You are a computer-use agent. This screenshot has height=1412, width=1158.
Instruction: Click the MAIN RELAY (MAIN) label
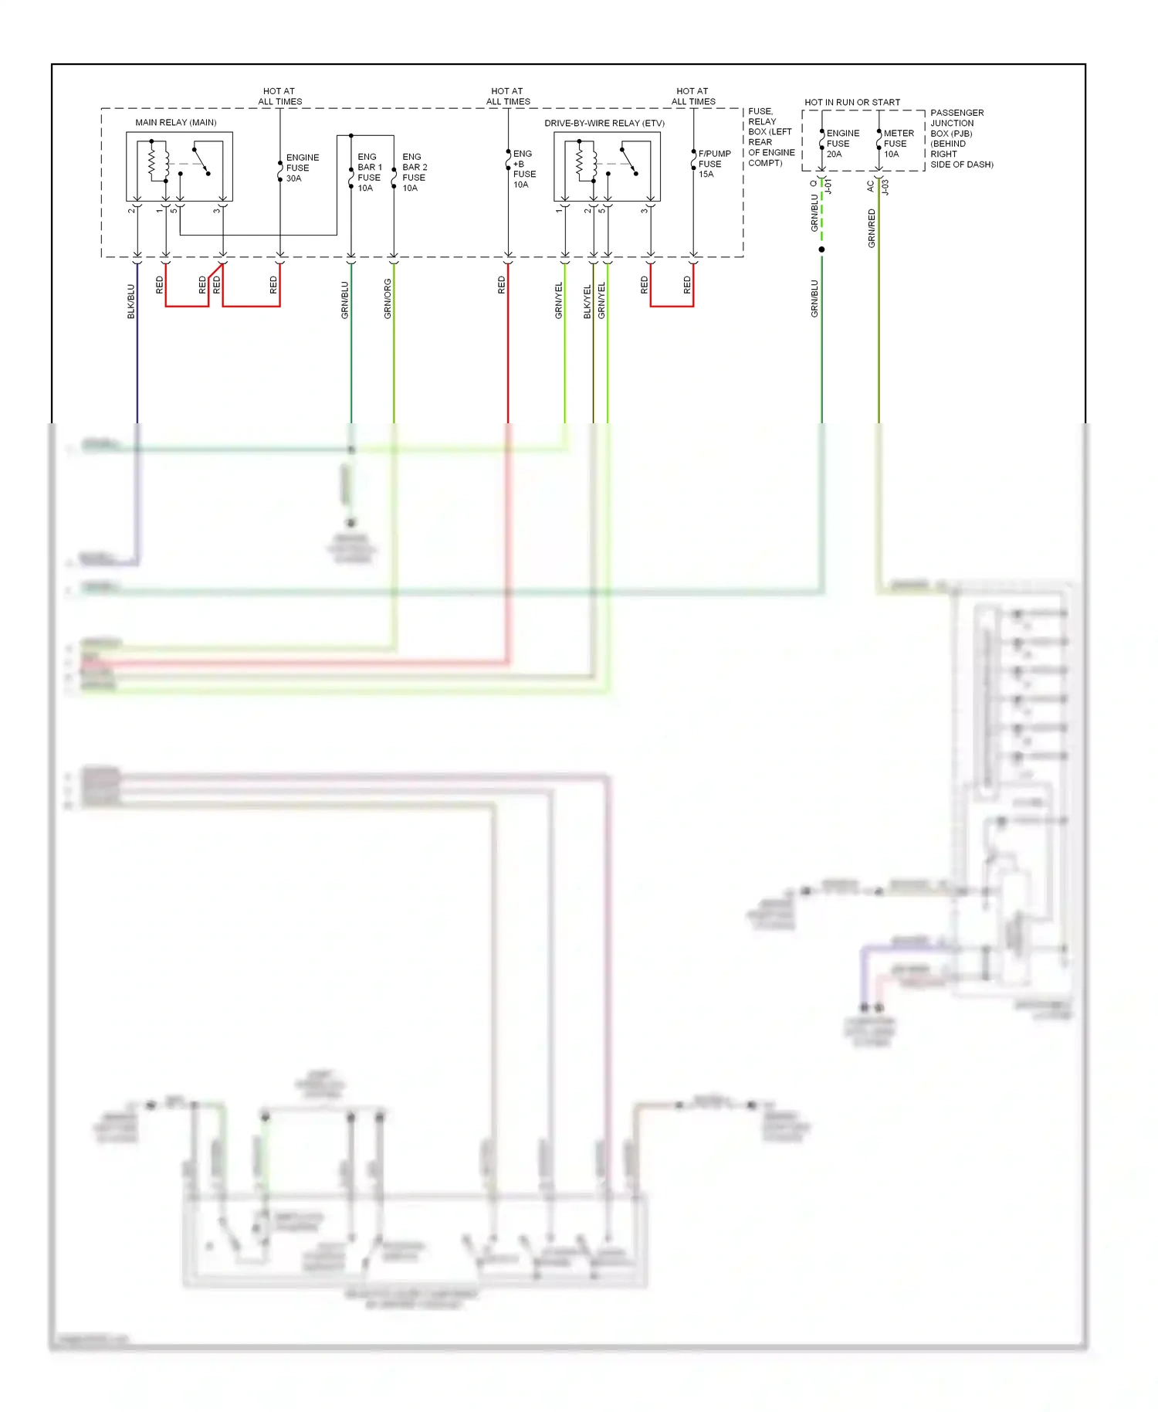(175, 122)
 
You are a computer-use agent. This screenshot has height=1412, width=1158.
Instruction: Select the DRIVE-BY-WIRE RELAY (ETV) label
(604, 123)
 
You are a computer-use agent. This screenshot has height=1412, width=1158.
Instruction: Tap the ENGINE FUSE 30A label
(302, 168)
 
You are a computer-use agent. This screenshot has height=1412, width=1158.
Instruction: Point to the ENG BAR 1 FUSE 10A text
(369, 172)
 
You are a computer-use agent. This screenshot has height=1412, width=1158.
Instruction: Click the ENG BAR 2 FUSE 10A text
(414, 172)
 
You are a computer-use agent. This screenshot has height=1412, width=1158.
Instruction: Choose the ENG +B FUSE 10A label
(523, 169)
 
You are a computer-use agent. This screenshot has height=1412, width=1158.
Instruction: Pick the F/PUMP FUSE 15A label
(713, 164)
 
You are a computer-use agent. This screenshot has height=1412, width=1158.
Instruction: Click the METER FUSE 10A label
(898, 144)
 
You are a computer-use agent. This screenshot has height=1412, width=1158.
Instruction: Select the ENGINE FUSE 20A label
(841, 144)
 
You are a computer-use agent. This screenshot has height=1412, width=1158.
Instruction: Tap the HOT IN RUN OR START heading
(852, 102)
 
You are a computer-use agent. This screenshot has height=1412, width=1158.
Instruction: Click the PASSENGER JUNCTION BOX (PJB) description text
(960, 138)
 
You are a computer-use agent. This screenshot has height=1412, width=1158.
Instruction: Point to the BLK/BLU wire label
(130, 301)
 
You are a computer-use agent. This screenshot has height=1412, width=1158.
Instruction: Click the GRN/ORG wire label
(388, 299)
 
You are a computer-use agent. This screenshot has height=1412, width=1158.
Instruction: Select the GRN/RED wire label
(872, 228)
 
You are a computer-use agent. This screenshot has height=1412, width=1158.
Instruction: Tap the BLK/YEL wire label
(587, 301)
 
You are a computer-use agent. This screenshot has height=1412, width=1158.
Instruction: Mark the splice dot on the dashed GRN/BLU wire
(821, 249)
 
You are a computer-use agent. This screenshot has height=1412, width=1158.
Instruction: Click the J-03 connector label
(885, 187)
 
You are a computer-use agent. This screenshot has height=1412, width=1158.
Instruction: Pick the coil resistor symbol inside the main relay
(153, 161)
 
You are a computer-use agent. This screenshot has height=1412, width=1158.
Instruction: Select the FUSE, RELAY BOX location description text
(770, 137)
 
